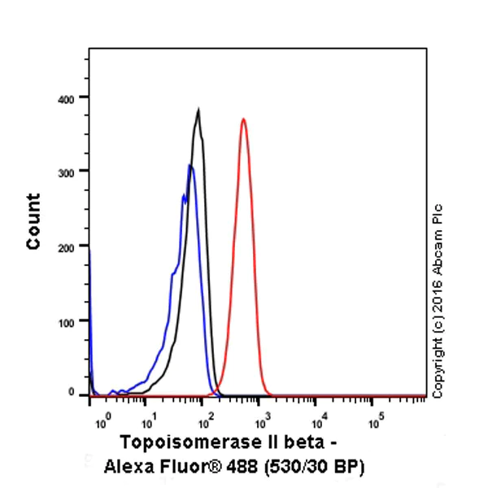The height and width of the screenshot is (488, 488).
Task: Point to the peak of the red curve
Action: (x=243, y=119)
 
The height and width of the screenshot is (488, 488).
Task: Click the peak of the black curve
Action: (x=198, y=109)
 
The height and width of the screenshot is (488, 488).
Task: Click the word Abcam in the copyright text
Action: (x=439, y=251)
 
